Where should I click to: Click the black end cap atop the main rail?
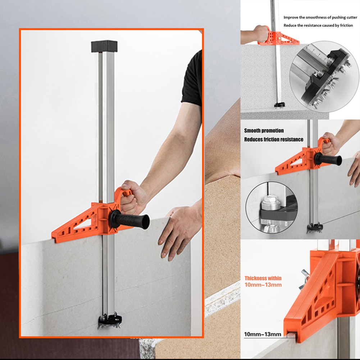[104, 46]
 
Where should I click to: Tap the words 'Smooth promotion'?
[264, 131]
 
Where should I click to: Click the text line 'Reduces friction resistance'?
[274, 139]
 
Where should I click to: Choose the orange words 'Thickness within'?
[263, 278]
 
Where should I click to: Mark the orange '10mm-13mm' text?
[263, 285]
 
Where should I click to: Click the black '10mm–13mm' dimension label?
[263, 334]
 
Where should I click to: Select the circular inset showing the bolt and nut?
[271, 206]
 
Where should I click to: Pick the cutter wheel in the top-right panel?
[279, 105]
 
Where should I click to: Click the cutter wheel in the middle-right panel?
[314, 228]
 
